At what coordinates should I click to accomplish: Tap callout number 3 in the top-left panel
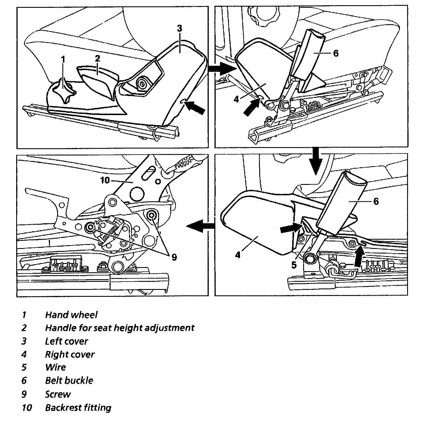179,29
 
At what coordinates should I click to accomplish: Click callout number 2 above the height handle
97,59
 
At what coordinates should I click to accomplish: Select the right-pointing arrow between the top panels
222,69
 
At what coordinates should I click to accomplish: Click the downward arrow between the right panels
316,162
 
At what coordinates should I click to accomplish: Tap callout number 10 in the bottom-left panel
105,181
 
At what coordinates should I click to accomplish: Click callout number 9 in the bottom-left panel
174,257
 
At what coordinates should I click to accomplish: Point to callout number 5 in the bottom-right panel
294,265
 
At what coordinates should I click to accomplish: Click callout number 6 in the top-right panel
335,53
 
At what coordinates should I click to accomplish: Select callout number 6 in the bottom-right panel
376,201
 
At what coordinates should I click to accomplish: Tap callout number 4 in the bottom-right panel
238,255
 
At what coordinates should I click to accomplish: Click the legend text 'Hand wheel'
71,315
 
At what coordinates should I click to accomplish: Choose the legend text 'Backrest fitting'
78,408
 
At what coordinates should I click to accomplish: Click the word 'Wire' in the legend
55,367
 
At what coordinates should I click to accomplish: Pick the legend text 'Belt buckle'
69,380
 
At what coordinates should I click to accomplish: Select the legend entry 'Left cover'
66,341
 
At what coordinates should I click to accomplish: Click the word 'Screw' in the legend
58,394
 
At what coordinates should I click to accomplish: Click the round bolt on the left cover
142,84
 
